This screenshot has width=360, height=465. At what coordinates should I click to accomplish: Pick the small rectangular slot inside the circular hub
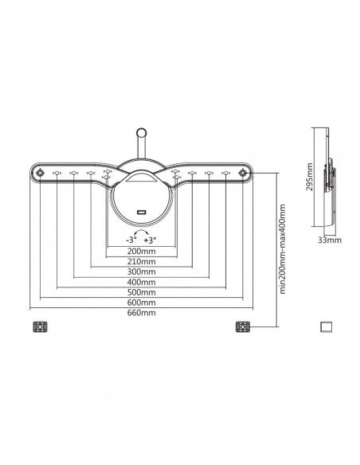tap(140, 211)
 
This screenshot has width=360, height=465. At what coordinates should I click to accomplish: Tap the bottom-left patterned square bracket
tap(39, 326)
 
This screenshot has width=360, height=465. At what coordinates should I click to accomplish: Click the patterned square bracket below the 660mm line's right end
tap(244, 326)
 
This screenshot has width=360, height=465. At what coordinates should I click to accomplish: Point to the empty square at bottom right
tap(324, 326)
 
